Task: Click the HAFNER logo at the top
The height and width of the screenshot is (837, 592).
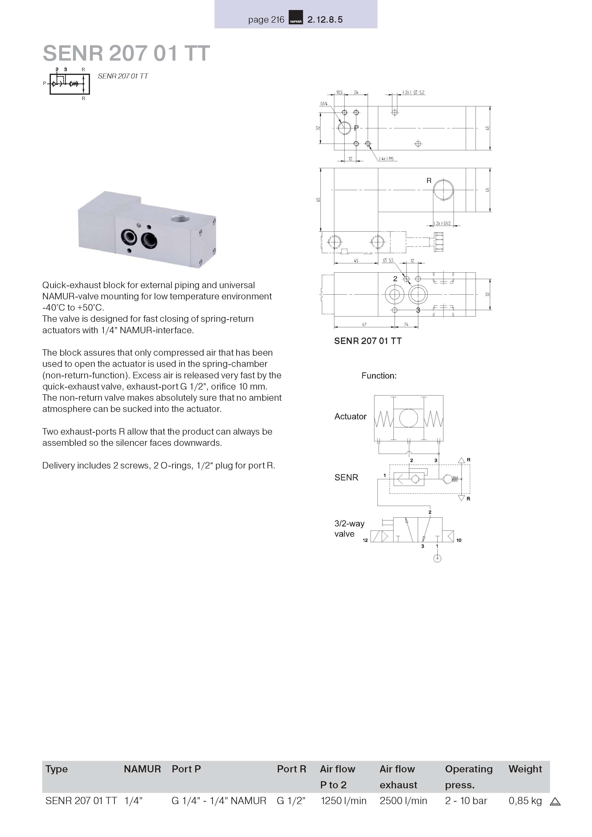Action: point(295,17)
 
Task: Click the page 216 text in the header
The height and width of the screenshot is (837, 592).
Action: point(266,20)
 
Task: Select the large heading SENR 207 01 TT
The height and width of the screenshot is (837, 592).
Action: point(126,53)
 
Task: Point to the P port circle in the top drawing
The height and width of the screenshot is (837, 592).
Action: point(344,128)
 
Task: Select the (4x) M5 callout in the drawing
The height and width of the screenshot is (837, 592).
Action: point(387,159)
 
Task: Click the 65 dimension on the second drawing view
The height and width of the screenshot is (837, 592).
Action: point(318,200)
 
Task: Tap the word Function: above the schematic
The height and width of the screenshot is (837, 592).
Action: point(379,376)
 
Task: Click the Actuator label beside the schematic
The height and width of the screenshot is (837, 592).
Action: point(350,416)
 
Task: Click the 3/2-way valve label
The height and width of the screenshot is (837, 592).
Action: point(349,529)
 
